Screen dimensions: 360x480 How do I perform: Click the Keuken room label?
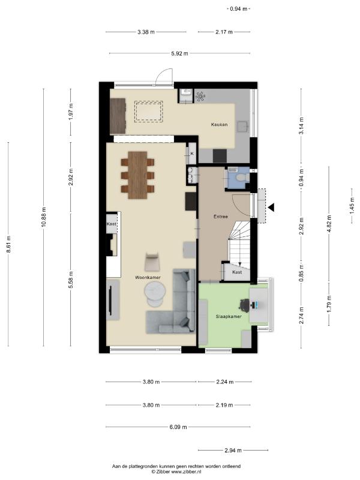point(219,125)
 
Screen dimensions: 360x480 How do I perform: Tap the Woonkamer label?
point(148,277)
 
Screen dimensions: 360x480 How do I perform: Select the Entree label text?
point(221,217)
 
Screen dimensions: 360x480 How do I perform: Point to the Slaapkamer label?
point(229,317)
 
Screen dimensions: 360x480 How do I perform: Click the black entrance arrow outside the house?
point(271,207)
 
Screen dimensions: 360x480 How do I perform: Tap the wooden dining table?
point(137,175)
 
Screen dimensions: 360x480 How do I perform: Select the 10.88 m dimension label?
point(43,217)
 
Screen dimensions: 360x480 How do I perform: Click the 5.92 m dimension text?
point(179,53)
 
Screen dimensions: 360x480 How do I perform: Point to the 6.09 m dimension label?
point(178,427)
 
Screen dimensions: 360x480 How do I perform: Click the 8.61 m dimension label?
point(8,244)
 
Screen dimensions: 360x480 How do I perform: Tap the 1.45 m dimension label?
point(352,205)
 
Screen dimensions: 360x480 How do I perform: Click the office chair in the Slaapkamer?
point(244,305)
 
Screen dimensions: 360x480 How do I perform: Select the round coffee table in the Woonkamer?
point(155,290)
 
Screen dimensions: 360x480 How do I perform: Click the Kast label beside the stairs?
point(237,272)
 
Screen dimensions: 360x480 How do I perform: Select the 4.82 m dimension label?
point(329,224)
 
